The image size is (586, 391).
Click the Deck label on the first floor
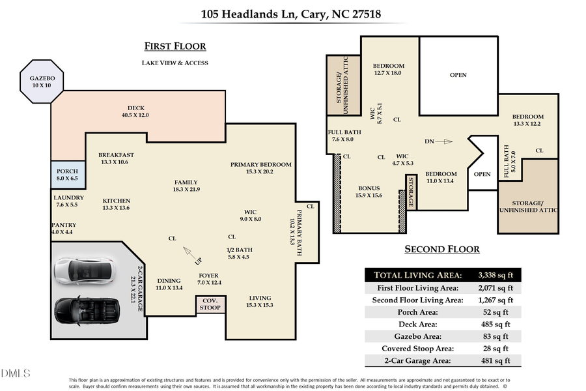135,111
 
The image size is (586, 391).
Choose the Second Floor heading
442,249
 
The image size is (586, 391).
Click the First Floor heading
174,46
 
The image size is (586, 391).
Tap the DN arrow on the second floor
444,141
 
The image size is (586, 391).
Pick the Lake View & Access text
174,63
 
